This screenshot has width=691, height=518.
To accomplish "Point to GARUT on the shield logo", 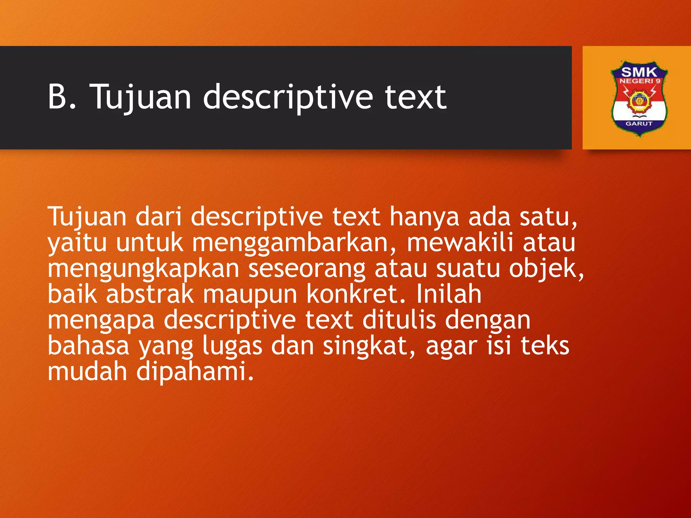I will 639,124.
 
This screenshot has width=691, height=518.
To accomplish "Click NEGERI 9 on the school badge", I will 640,81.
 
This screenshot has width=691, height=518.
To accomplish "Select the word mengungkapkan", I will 143,269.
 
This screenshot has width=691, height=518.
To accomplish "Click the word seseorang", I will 307,269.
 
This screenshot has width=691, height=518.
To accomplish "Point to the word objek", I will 546,269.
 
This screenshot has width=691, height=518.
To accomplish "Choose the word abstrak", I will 150,294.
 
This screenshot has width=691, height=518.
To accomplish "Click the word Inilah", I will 448,294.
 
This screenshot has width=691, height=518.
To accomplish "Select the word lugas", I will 232,346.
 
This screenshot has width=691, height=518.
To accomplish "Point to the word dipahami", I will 195,372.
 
